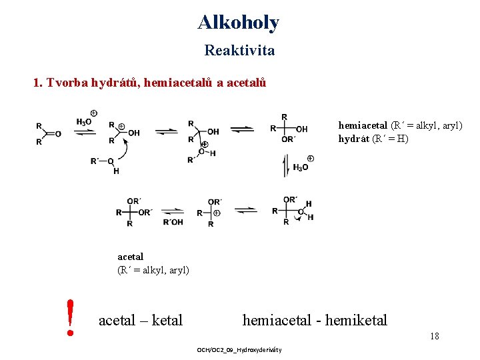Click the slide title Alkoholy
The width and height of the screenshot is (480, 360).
239,23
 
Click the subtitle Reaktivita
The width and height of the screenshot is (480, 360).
239,50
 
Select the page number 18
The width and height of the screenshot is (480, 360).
434,336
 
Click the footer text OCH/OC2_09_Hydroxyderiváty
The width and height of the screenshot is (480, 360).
239,350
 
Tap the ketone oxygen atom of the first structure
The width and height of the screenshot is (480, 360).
58,133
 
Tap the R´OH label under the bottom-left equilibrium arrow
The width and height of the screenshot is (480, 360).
173,222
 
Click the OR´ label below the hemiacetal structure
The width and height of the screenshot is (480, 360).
288,139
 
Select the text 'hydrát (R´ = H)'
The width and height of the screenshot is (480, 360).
373,139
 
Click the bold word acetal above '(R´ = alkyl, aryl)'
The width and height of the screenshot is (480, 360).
131,256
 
